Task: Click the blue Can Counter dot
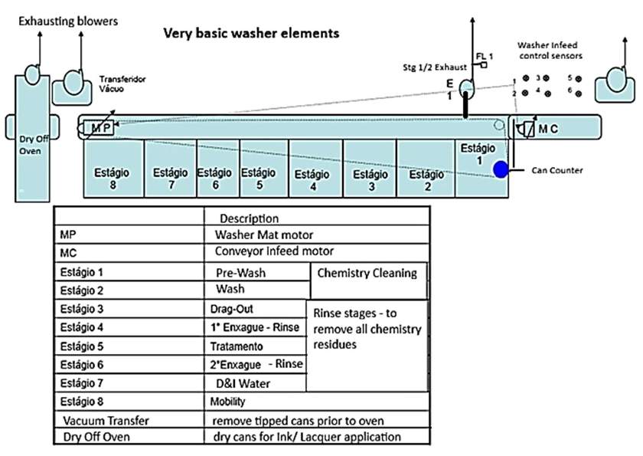[501, 169]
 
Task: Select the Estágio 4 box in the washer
[314, 179]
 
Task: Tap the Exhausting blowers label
[68, 21]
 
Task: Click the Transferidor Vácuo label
[123, 84]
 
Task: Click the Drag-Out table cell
[233, 309]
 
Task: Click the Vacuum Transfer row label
[106, 420]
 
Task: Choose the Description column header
[249, 218]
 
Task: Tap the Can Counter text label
[557, 170]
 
